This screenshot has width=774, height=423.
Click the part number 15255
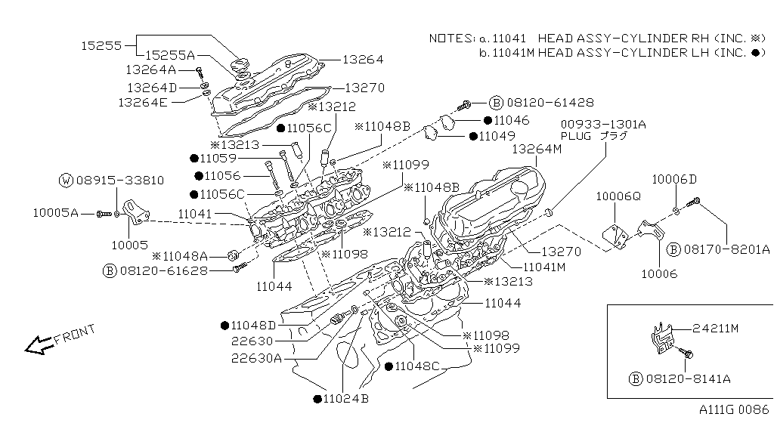pos(101,45)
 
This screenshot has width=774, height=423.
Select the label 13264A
pos(150,69)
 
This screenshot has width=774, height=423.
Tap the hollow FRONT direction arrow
pos(38,345)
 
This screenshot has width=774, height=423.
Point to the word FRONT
pos(75,334)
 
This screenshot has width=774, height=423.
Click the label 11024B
pos(345,398)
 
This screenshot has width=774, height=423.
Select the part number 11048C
pos(416,366)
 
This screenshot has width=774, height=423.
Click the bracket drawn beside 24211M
pos(661,338)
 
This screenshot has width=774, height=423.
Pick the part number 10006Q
pos(618,196)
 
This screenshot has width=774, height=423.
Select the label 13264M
pos(537,150)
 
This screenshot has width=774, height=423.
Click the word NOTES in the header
pos(450,38)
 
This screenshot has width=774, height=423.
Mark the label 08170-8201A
pos(726,249)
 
